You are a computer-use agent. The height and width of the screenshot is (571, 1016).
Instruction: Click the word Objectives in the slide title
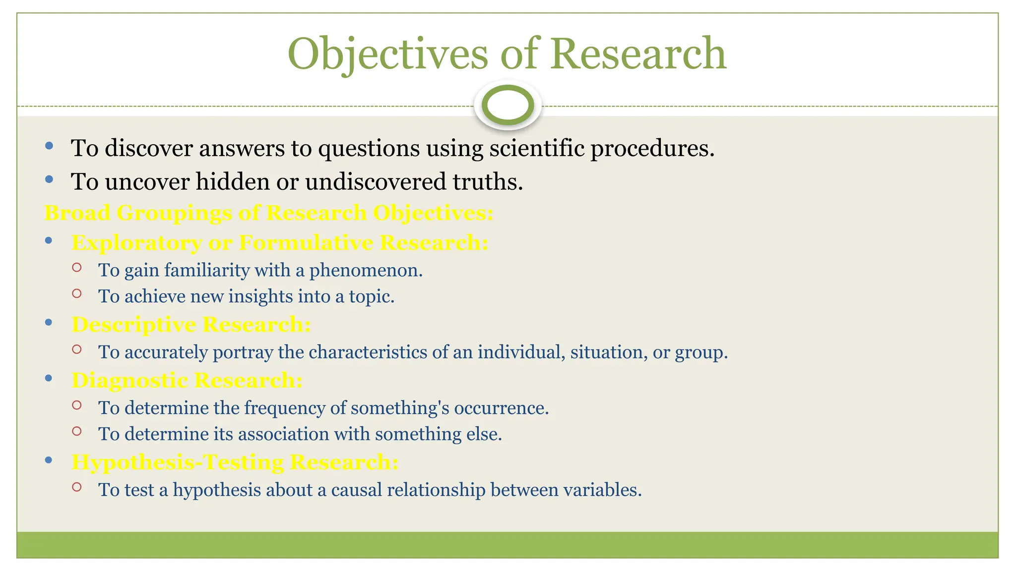388,54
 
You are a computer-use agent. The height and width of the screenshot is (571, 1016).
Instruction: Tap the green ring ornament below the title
508,105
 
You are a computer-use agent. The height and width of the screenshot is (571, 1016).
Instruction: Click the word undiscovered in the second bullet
376,181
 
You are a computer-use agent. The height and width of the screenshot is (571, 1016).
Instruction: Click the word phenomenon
366,270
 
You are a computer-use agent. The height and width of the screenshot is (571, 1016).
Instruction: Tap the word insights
260,296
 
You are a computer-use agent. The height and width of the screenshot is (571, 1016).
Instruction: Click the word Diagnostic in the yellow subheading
129,380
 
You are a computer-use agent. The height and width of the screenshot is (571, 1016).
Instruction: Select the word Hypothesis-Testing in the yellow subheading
178,462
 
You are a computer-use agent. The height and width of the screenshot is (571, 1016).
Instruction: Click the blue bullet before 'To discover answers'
49,146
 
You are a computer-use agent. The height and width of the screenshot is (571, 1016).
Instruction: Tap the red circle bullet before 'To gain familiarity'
76,268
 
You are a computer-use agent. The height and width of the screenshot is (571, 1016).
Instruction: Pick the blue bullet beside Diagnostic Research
49,378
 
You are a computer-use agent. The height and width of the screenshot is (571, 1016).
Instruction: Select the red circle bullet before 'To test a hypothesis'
76,487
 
